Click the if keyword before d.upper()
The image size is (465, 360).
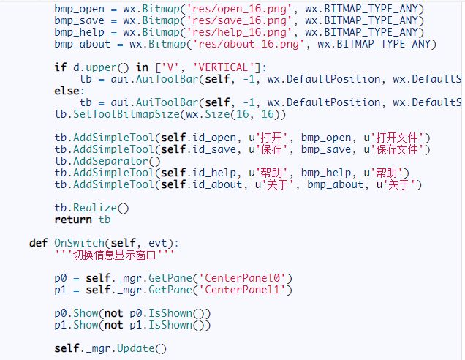60,67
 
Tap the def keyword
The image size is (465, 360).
39,243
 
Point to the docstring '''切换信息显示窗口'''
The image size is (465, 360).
114,255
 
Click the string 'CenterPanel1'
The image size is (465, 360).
246,290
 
